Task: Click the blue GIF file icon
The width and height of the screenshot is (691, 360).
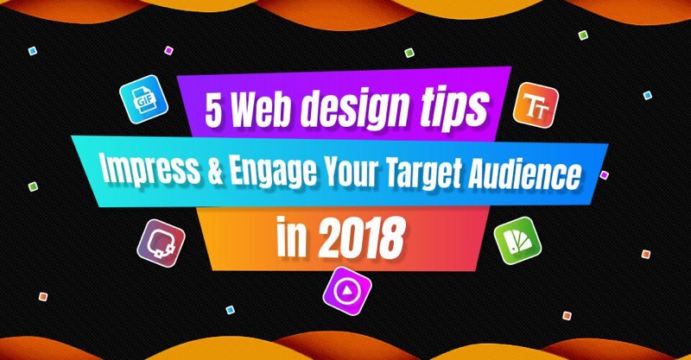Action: [x=143, y=99]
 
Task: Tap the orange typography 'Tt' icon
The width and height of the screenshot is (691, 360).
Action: [x=536, y=104]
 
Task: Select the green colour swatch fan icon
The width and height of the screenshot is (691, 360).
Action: [x=517, y=241]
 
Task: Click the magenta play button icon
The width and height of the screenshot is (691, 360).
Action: [x=347, y=291]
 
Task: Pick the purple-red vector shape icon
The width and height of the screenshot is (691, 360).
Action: [x=161, y=243]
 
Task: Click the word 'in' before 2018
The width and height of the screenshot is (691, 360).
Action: [x=291, y=239]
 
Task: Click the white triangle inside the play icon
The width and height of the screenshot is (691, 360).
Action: [x=347, y=290]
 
